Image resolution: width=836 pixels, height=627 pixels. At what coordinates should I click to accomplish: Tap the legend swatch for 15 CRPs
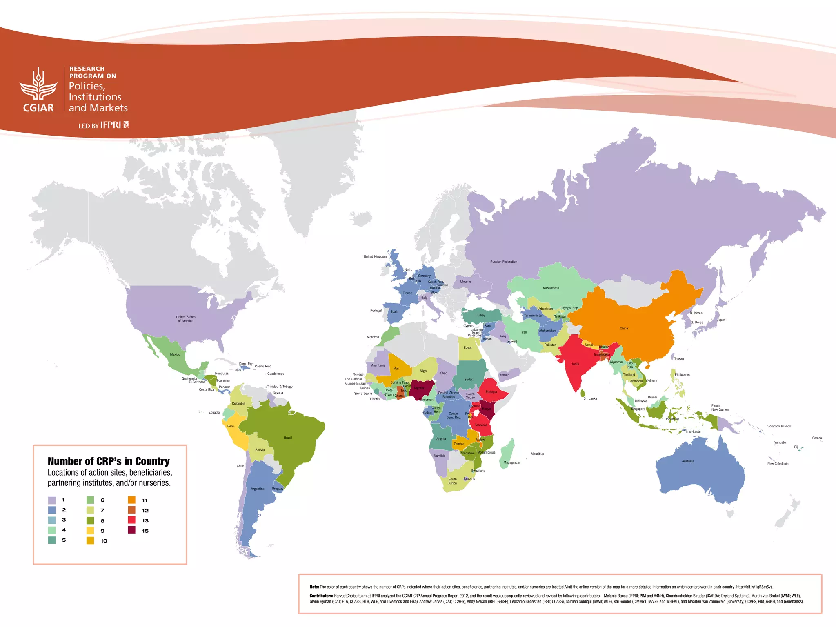131,530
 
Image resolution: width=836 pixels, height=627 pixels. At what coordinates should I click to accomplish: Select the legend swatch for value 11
131,500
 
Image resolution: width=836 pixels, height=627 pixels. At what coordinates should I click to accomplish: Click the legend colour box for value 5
52,540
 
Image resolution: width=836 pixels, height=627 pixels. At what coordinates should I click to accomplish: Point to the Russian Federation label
503,262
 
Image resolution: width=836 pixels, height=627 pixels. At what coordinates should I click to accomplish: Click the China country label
624,328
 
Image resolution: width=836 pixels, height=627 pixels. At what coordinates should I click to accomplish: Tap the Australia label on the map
688,461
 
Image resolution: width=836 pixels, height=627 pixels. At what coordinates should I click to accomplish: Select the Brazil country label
288,438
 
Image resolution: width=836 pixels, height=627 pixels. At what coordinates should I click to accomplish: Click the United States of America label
186,319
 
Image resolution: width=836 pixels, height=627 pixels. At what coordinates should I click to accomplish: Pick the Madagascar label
511,462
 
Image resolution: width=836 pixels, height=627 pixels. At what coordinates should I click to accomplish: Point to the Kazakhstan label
551,288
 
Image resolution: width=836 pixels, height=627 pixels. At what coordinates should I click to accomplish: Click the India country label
575,364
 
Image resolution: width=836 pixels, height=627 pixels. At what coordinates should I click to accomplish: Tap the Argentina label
258,489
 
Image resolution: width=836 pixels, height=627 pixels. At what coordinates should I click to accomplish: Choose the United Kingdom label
375,256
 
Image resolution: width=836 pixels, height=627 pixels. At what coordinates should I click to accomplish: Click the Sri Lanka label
590,398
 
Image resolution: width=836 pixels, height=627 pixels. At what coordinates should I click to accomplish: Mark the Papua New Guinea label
720,407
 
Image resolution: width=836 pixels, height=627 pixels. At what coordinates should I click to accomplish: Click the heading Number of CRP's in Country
109,461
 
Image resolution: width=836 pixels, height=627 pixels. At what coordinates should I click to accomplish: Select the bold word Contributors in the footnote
321,596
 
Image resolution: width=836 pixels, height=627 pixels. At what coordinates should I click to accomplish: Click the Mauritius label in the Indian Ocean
537,454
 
